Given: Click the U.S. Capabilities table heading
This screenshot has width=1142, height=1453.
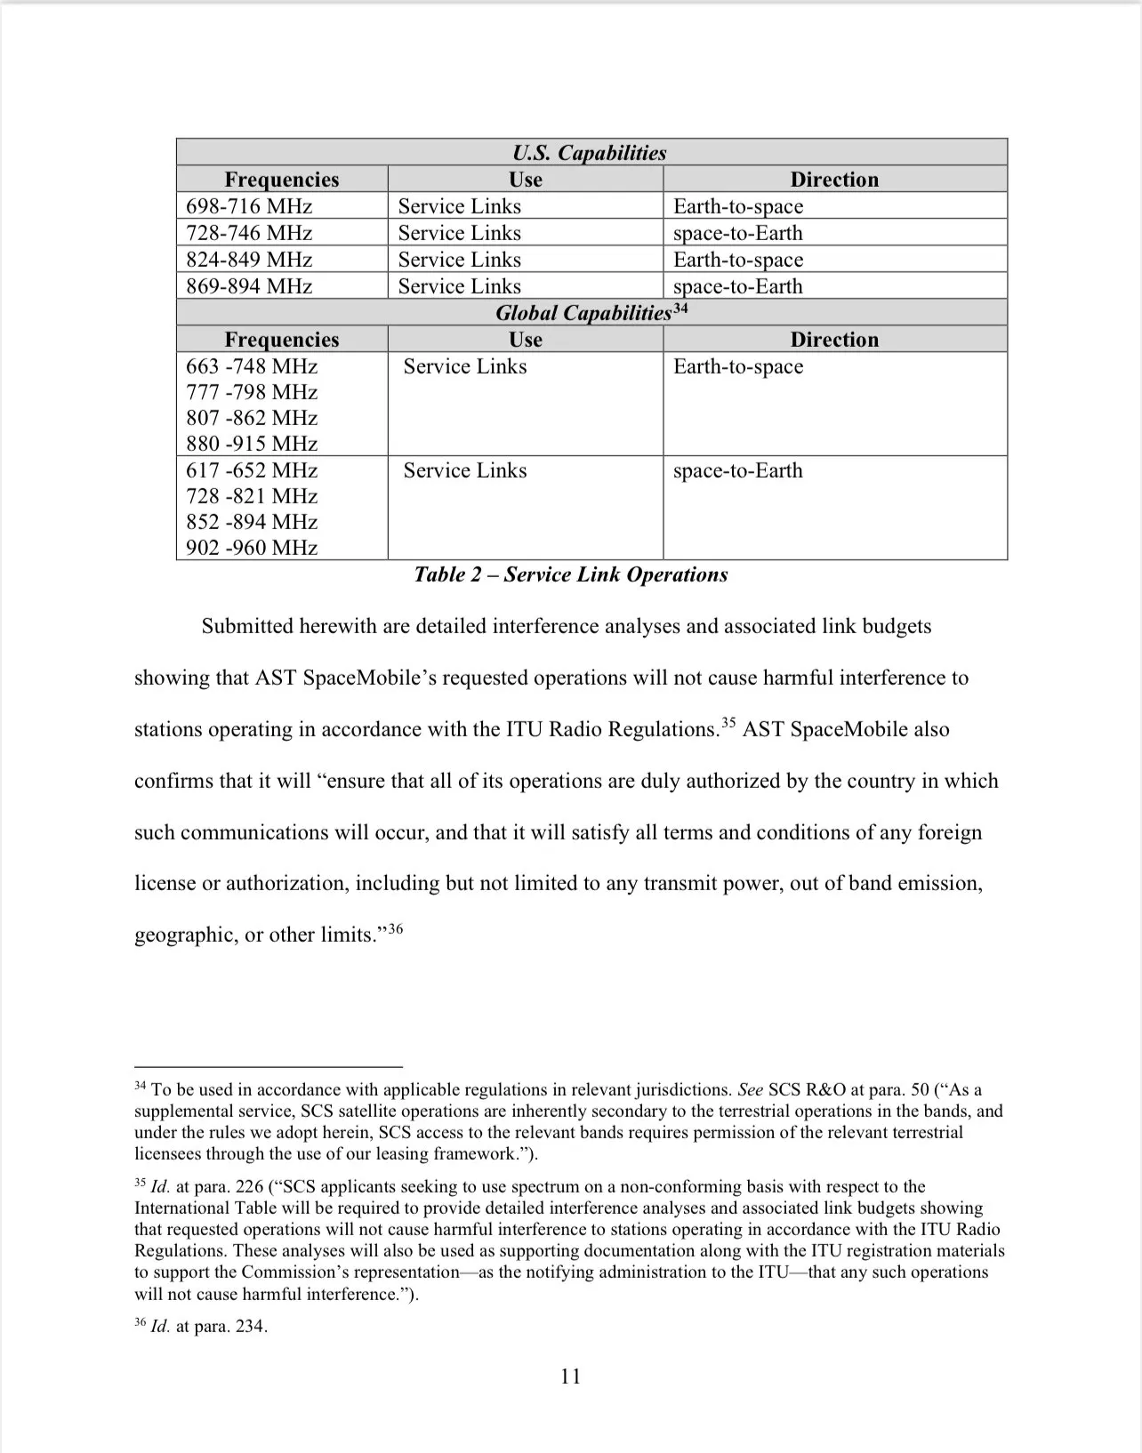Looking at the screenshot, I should [x=590, y=153].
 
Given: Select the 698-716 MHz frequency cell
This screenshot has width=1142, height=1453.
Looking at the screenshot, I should [x=249, y=206].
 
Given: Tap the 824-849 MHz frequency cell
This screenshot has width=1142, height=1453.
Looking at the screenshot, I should [x=249, y=260].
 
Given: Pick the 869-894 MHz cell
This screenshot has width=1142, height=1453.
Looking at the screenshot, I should [x=249, y=286].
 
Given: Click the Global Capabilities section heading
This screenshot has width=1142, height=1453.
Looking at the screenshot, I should [x=583, y=313].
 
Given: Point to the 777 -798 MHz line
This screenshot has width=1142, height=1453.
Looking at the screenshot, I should [x=252, y=392].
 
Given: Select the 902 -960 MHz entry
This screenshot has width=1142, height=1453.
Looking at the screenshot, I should [x=252, y=548].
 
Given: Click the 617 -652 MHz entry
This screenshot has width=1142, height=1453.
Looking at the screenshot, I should [x=252, y=470].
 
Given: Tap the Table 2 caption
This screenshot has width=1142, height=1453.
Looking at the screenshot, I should [x=571, y=574].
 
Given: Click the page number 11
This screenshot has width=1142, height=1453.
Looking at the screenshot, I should [x=571, y=1377].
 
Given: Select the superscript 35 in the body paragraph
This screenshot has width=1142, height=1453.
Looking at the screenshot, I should [x=728, y=723].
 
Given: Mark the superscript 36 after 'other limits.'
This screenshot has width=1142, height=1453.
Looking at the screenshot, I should [x=396, y=929].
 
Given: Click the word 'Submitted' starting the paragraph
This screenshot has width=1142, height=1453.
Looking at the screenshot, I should [x=246, y=626].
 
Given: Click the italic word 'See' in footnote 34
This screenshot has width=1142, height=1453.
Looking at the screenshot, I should [x=751, y=1090].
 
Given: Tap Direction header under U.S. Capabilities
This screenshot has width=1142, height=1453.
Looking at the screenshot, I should [x=834, y=180].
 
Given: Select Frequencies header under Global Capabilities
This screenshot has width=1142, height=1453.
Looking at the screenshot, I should [x=282, y=340].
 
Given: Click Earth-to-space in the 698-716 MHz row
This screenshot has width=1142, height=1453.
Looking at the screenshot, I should [x=738, y=206].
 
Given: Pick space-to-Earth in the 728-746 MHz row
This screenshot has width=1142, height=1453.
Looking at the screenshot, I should [x=738, y=233].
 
